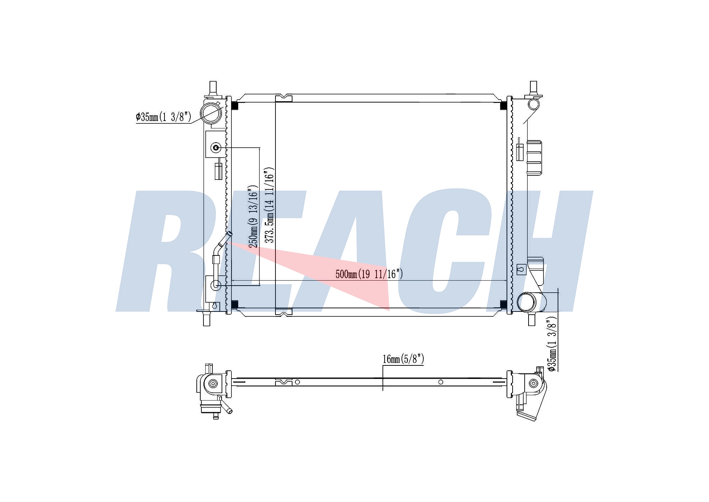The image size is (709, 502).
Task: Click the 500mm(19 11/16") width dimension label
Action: click(x=369, y=274)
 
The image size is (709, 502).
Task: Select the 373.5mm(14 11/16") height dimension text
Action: click(x=270, y=205)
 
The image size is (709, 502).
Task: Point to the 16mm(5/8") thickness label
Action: click(x=403, y=359)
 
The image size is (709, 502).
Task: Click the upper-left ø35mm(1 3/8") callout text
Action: click(x=163, y=117)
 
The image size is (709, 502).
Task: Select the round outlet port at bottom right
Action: click(x=527, y=302)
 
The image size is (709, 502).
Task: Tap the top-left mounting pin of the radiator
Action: click(x=213, y=88)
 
